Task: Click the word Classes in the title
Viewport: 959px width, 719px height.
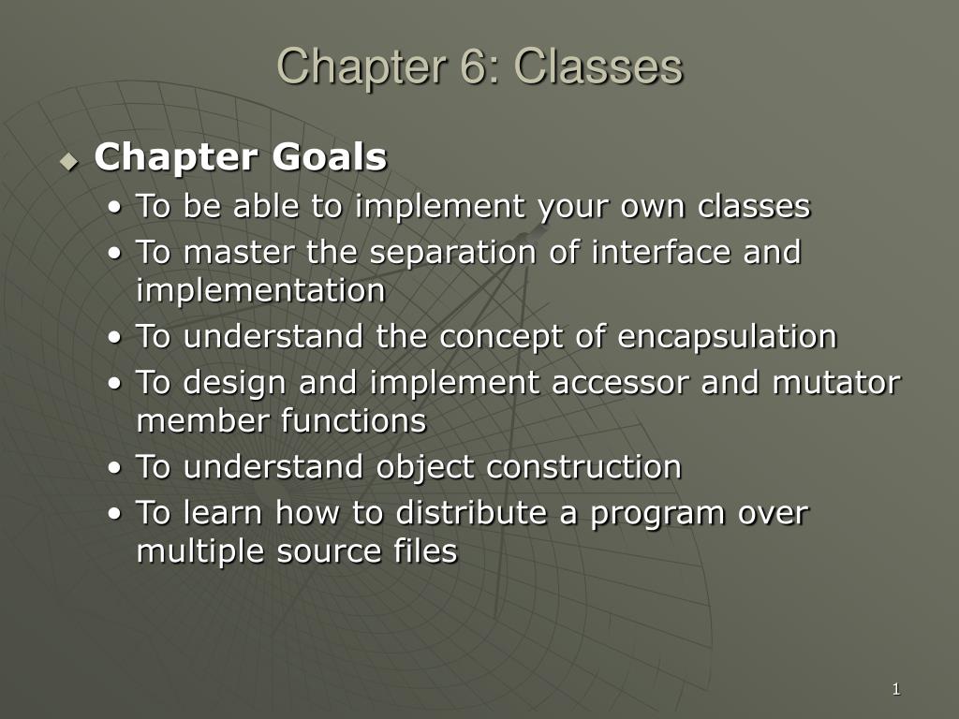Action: (598, 66)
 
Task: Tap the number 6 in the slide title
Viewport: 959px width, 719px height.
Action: (471, 66)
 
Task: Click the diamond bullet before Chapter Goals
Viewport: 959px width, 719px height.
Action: (69, 161)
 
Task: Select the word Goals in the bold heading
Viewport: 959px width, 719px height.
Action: (330, 156)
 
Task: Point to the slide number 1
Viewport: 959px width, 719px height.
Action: (896, 689)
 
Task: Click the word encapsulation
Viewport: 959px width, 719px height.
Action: (727, 337)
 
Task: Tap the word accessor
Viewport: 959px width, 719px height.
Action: (620, 383)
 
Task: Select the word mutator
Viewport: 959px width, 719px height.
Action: (836, 383)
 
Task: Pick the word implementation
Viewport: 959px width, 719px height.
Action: (261, 290)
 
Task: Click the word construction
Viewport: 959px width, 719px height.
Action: (584, 467)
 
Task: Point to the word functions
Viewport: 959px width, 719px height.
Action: (353, 420)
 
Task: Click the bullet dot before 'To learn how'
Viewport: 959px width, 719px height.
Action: (114, 514)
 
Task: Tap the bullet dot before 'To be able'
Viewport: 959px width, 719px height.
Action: (114, 207)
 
